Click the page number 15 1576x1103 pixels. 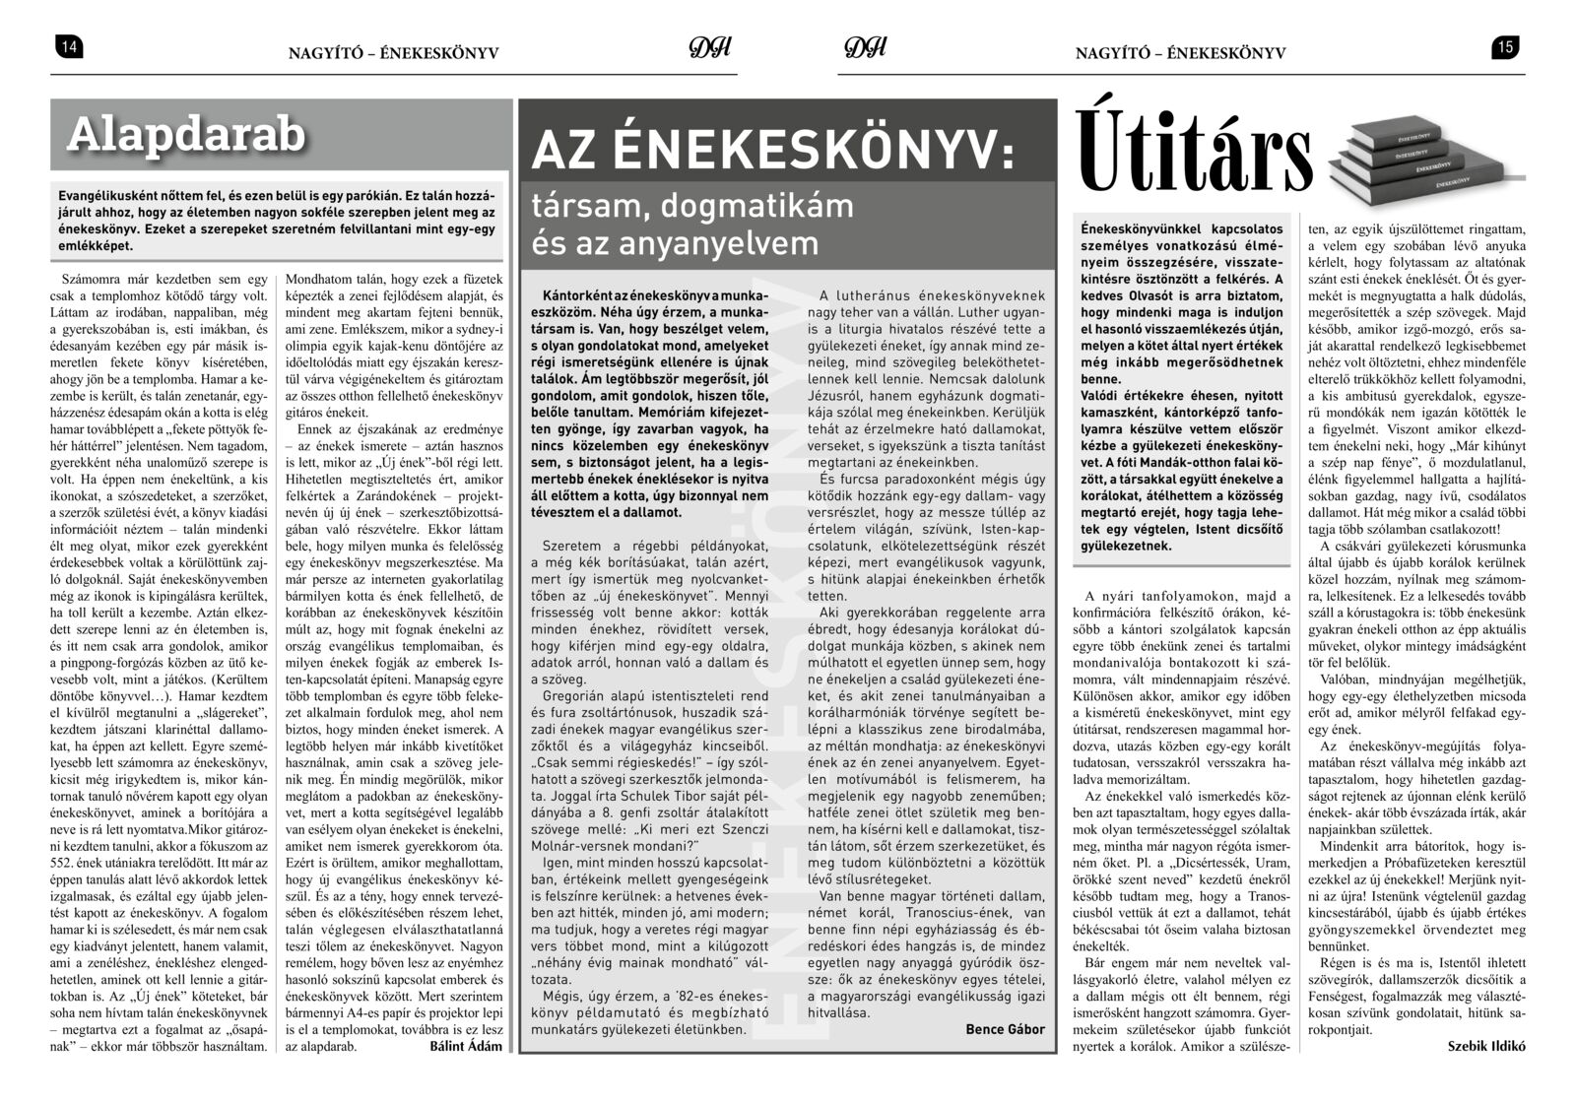pyautogui.click(x=1505, y=46)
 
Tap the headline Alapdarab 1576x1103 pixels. pyautogui.click(x=186, y=136)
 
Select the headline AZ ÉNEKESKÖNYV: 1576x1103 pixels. pyautogui.click(x=772, y=149)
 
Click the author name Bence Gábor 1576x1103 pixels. pyautogui.click(x=1005, y=1029)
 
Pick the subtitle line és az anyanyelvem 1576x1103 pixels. pyautogui.click(x=676, y=242)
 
